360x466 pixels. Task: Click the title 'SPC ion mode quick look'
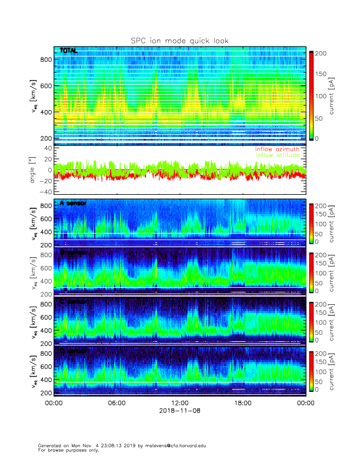tap(179, 41)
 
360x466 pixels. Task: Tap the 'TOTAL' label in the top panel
tap(68, 51)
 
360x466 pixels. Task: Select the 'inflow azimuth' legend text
tap(276, 149)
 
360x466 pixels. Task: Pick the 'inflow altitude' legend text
tap(276, 155)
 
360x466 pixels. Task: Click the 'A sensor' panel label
tap(73, 204)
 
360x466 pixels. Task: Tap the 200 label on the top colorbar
tap(321, 54)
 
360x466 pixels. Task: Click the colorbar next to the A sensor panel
tap(312, 224)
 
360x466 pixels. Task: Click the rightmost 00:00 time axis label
tap(305, 403)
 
